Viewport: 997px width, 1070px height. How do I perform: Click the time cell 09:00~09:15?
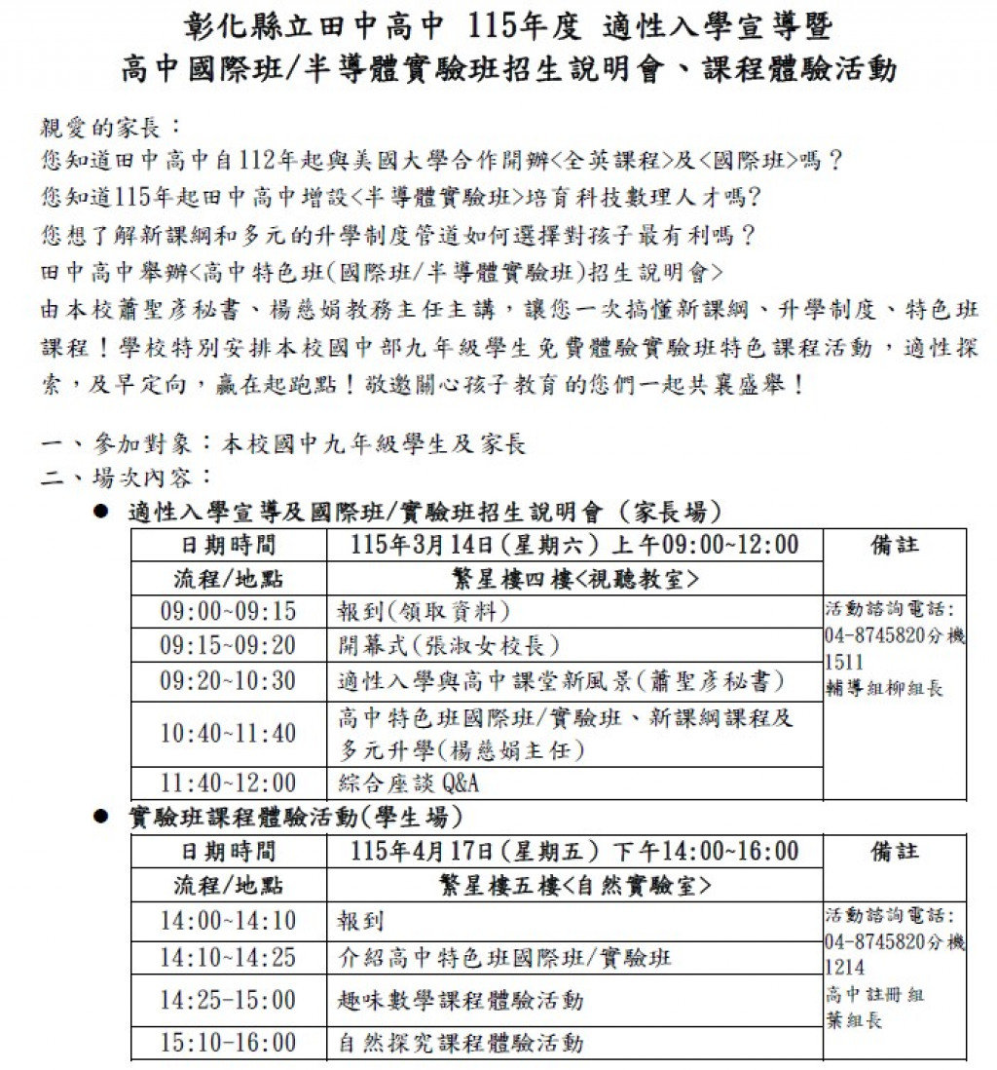click(x=228, y=611)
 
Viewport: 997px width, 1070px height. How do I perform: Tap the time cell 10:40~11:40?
click(x=228, y=733)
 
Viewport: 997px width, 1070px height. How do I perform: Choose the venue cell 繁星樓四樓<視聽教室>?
click(x=574, y=578)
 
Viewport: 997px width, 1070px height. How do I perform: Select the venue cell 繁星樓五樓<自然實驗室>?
click(x=574, y=886)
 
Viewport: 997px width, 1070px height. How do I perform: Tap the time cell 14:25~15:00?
click(x=228, y=1000)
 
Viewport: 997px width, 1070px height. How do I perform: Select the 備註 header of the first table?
click(x=894, y=545)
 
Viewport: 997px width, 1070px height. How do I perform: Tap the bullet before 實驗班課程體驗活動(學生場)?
click(x=101, y=817)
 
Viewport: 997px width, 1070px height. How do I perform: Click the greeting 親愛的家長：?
click(x=110, y=128)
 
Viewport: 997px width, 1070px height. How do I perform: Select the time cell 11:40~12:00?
click(x=228, y=783)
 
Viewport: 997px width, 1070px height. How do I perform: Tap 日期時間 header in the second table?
click(x=228, y=852)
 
